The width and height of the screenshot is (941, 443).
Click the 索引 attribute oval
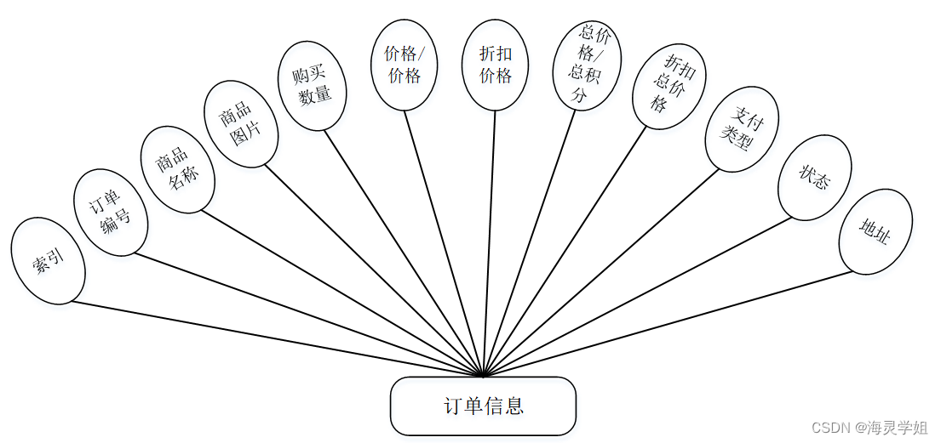pyautogui.click(x=49, y=261)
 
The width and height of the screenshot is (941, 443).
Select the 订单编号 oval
pyautogui.click(x=112, y=213)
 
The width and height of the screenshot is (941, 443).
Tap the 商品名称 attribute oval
pyautogui.click(x=177, y=169)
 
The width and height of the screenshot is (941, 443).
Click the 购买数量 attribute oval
pyautogui.click(x=313, y=87)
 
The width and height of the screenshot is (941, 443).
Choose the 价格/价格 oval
pyautogui.click(x=405, y=65)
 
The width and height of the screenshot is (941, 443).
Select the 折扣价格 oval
pyautogui.click(x=495, y=65)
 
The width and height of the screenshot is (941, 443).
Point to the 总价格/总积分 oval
pyautogui.click(x=588, y=65)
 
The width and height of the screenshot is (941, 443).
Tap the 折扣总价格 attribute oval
pyautogui.click(x=668, y=84)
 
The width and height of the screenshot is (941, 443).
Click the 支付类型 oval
pyautogui.click(x=736, y=128)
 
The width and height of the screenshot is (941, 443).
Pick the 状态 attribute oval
pyautogui.click(x=814, y=177)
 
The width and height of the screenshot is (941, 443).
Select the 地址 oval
pyautogui.click(x=875, y=231)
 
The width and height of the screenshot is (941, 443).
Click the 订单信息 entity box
pyautogui.click(x=483, y=406)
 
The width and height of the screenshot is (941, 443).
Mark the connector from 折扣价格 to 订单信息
pyautogui.click(x=490, y=247)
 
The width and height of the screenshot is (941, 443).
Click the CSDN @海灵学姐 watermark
pyautogui.click(x=869, y=427)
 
